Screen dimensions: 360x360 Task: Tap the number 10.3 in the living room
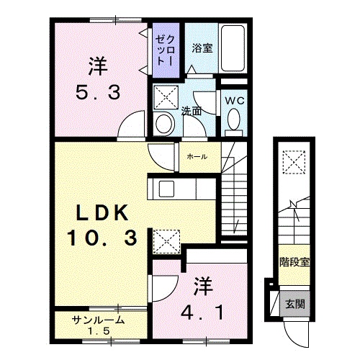click(x=103, y=238)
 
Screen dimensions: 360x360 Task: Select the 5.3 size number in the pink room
click(x=99, y=92)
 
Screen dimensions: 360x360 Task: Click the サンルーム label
click(x=99, y=320)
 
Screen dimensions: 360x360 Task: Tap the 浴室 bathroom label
click(x=201, y=49)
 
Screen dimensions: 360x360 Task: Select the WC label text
click(x=234, y=101)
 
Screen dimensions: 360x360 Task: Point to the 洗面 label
click(x=191, y=112)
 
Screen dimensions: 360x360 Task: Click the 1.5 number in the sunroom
click(x=99, y=331)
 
